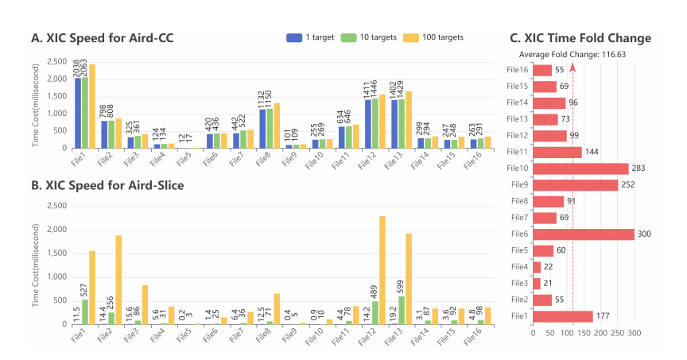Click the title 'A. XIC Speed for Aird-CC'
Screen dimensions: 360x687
102,38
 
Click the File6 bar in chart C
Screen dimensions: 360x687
584,234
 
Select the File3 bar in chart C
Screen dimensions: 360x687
537,283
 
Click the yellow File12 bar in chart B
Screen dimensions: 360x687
382,270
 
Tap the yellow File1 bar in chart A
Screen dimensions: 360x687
92,106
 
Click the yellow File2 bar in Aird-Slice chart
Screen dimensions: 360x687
118,280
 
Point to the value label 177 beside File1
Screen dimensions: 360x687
604,316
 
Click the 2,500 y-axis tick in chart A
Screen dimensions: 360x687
55,62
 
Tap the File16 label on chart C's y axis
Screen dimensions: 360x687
517,70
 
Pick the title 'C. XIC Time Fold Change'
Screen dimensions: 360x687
580,38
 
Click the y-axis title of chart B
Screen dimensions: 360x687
35,265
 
